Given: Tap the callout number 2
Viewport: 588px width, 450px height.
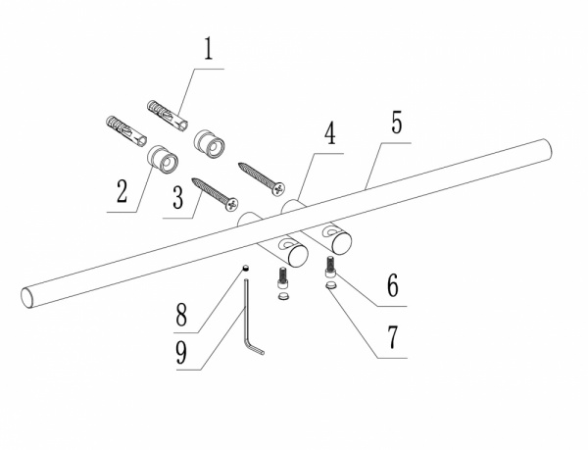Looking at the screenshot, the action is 122,191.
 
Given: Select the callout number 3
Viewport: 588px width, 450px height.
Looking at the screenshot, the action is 177,198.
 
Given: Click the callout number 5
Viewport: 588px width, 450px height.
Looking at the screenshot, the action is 396,122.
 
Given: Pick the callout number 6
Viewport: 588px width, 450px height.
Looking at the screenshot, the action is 393,285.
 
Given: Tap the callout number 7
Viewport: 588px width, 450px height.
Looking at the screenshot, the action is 392,336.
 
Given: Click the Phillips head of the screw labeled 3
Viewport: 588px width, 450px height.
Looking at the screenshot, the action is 232,204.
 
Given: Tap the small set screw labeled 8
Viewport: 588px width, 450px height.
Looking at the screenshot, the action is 246,268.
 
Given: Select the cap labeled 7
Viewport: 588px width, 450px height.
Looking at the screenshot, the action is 331,285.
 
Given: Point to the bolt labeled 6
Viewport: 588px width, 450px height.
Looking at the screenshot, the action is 330,267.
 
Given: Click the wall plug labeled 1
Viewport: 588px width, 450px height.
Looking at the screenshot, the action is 168,115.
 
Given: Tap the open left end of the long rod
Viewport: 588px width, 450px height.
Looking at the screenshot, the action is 27,298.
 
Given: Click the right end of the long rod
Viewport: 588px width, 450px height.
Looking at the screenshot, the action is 546,150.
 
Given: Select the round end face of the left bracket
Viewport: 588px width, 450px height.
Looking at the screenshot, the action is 298,256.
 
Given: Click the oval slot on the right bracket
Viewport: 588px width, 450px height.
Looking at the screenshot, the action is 330,231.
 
